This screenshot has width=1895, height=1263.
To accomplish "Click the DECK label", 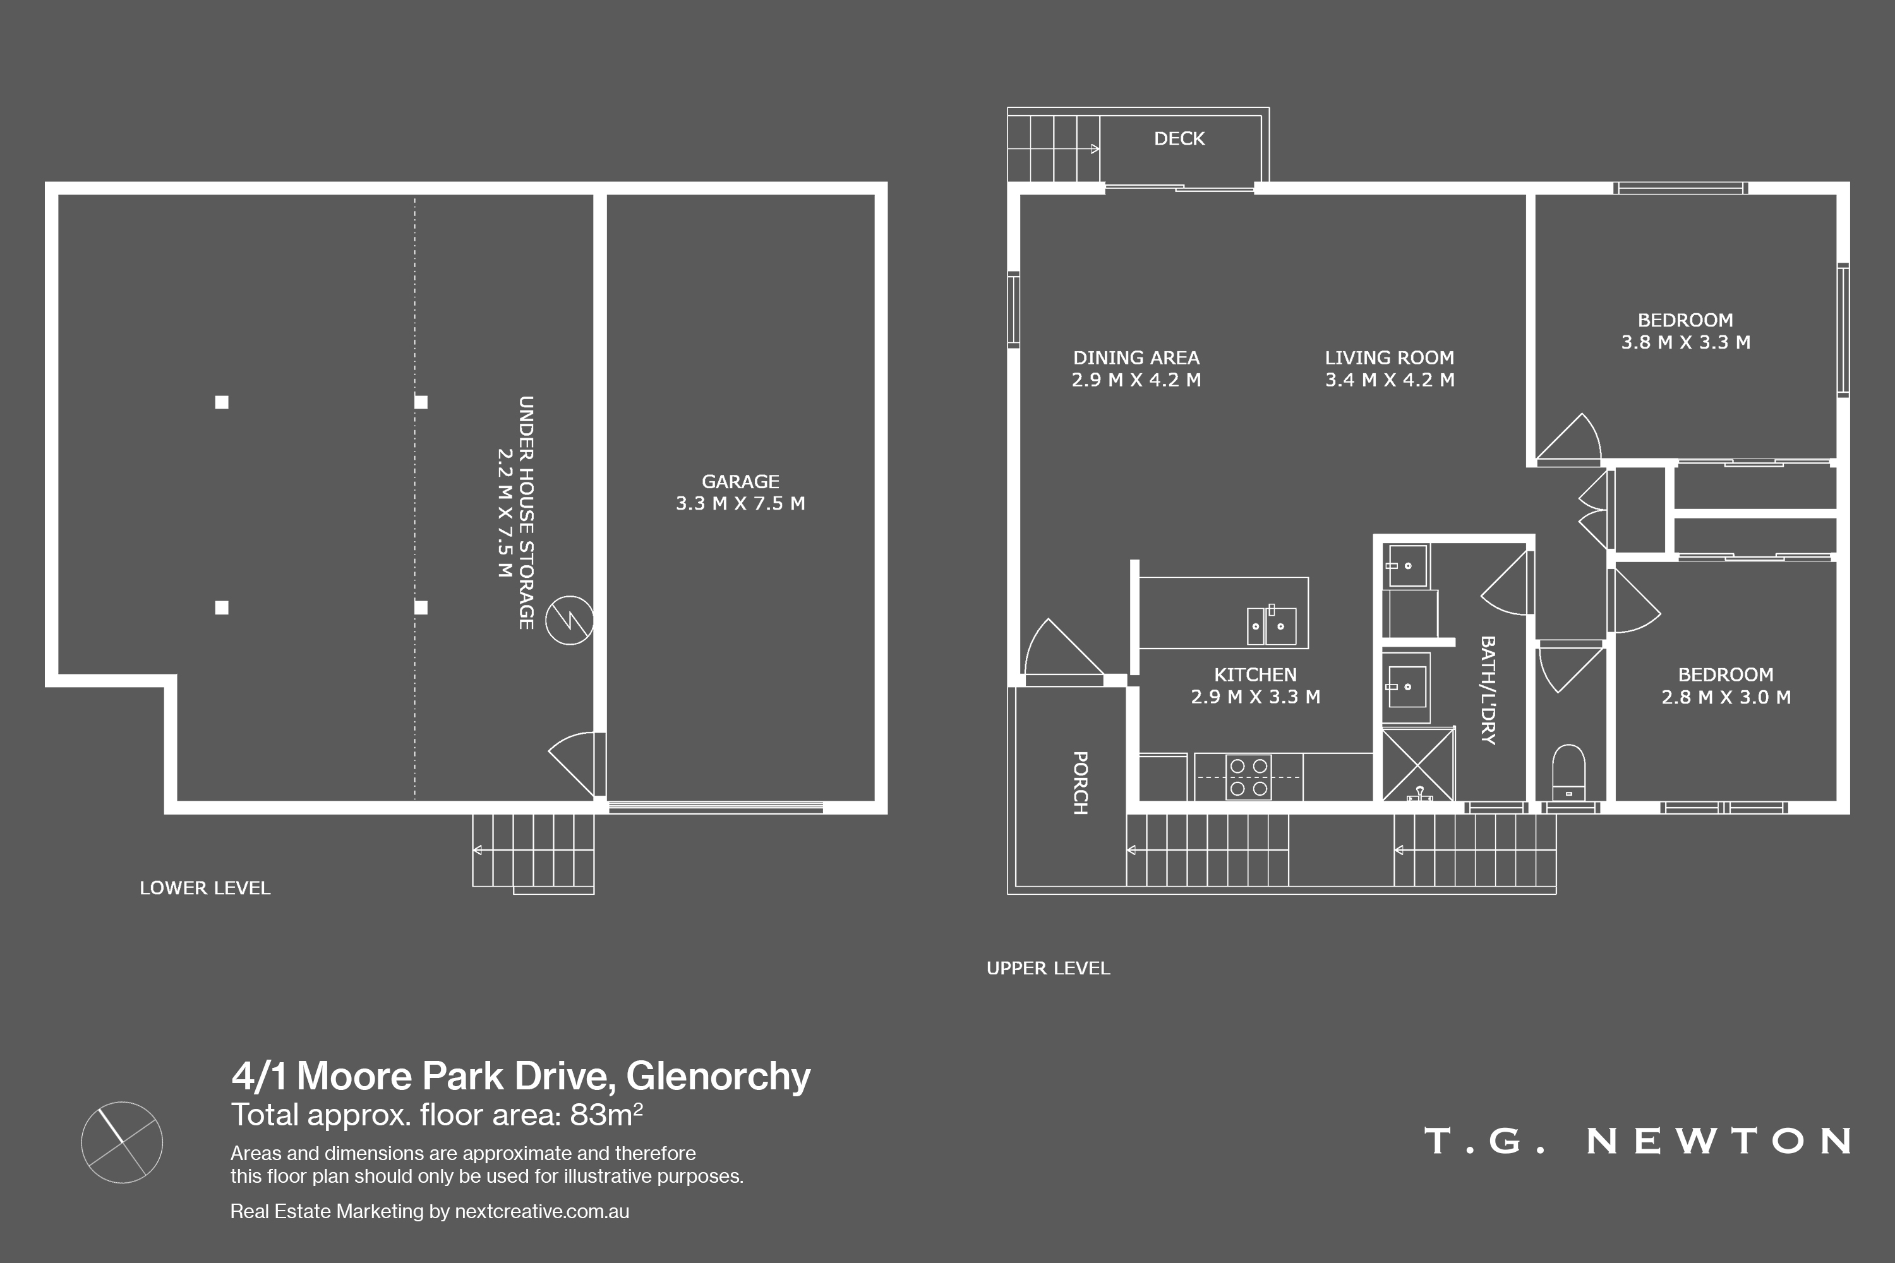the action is point(1179,138).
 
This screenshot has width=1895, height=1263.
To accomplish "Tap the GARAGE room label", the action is point(740,482).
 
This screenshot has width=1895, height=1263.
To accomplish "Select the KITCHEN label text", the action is point(1255,675).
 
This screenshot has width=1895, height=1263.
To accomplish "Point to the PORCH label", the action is point(1080,783).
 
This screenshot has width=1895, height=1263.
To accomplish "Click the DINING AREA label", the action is point(1136,357).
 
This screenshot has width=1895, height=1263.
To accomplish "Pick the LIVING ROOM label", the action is point(1390,357).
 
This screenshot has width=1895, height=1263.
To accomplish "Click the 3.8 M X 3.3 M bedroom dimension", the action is point(1685,342).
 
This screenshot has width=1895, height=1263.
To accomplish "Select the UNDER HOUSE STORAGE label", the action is point(526,512).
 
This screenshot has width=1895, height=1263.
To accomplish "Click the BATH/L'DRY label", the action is point(1488,690).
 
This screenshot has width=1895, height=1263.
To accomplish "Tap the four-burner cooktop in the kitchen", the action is point(1248,777).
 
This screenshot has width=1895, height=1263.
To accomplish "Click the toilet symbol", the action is point(1568,772).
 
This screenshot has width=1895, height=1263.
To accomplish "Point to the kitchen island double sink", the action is point(1272,625).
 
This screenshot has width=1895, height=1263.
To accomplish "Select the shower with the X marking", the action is point(1418,764).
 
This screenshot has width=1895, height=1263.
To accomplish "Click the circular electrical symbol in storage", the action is point(570,620).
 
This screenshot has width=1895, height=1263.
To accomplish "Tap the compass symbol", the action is point(123,1142).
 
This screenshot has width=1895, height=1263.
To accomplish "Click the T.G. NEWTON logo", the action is point(1637,1140).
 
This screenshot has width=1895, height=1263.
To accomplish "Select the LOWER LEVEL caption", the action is point(205,888).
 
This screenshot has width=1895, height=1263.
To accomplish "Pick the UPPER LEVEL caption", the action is point(1048,968).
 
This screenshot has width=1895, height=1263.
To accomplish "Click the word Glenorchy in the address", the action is point(718,1077).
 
